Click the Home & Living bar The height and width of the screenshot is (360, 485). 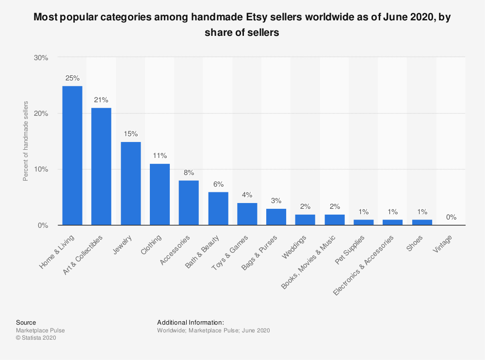coord(72,155)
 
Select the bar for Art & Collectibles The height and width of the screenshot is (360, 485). coord(101,166)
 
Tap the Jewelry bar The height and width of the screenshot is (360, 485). coord(130,183)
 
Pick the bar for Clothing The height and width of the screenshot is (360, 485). coord(160,194)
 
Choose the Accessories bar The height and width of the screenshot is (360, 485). coord(189,203)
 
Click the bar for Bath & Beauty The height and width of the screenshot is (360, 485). coord(218,208)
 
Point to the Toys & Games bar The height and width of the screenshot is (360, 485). coord(247,214)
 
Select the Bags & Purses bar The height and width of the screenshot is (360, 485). coord(276,217)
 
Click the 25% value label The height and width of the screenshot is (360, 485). coord(72,78)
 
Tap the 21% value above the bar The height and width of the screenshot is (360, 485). coord(101,100)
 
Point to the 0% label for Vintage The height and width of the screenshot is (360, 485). coord(451,217)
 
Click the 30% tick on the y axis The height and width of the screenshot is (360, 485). coord(41,58)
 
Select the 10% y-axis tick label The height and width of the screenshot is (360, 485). coord(41,169)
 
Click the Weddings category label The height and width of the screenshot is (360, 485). coord(297,247)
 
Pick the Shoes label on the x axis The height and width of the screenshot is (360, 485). coord(416,243)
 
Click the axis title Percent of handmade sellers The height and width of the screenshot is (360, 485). coord(26,141)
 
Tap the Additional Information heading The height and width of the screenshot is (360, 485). coord(191,322)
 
